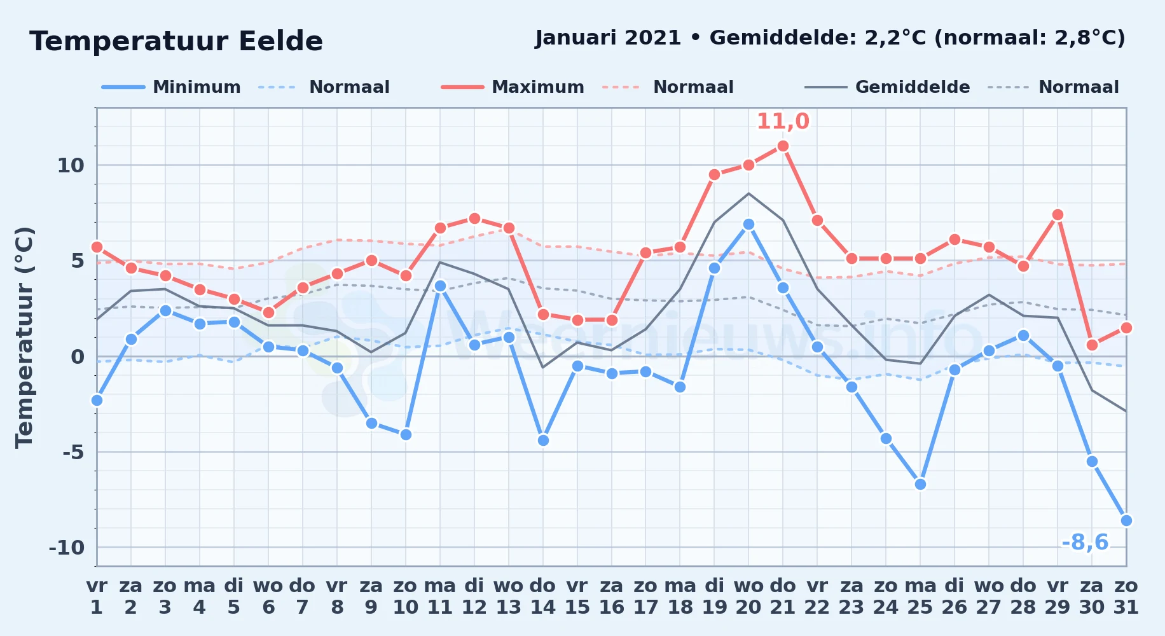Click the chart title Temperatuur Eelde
point(176,41)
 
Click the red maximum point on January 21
point(783,146)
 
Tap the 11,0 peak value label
point(783,121)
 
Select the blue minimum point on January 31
point(1126,520)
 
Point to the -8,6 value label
point(1085,543)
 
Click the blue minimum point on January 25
point(920,484)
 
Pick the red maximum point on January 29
point(1058,215)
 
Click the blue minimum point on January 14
point(543,440)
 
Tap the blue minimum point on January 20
point(748,225)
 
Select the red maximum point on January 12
point(474,219)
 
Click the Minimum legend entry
point(171,87)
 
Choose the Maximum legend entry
point(513,87)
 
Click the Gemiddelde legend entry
point(888,87)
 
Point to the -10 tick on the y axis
point(67,547)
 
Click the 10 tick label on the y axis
point(71,165)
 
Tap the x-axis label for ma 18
point(680,597)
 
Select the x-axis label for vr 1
point(97,597)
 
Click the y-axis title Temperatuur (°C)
point(24,337)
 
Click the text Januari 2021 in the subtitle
point(609,38)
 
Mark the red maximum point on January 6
point(268,312)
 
